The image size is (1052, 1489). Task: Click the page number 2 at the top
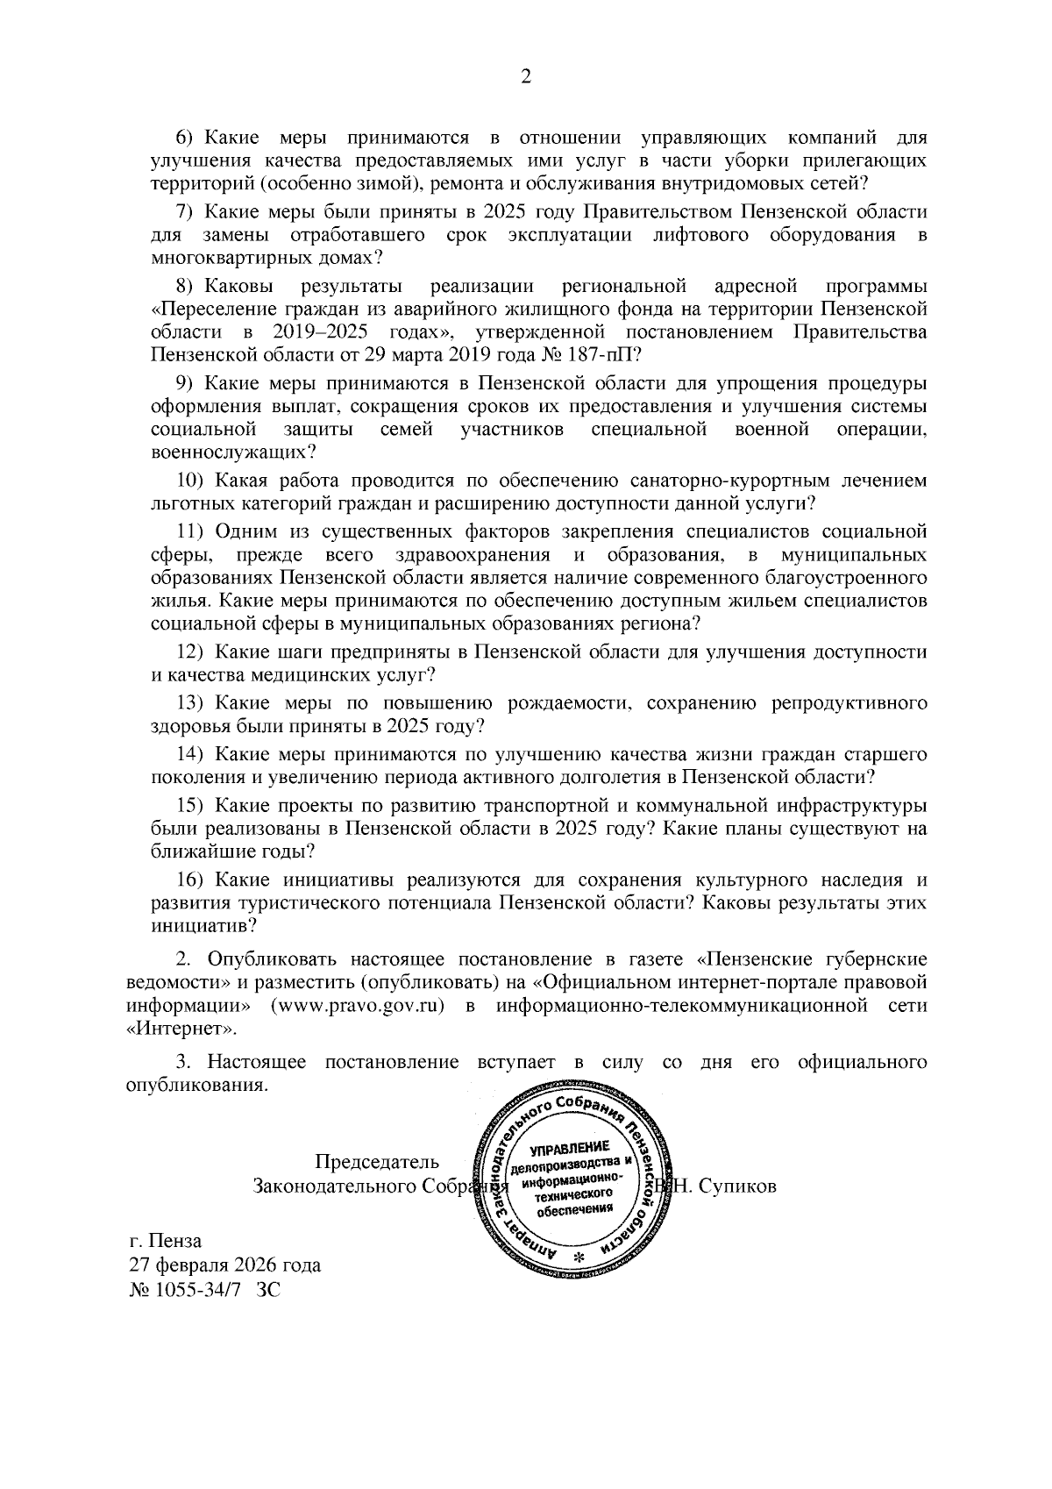526,77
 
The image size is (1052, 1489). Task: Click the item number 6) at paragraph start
189,139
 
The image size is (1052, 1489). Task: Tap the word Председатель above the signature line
377,1163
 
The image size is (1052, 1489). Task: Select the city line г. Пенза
165,1242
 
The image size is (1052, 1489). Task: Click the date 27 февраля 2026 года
224,1265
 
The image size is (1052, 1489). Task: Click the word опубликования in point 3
195,1086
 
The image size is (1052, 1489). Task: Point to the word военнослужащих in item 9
232,452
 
